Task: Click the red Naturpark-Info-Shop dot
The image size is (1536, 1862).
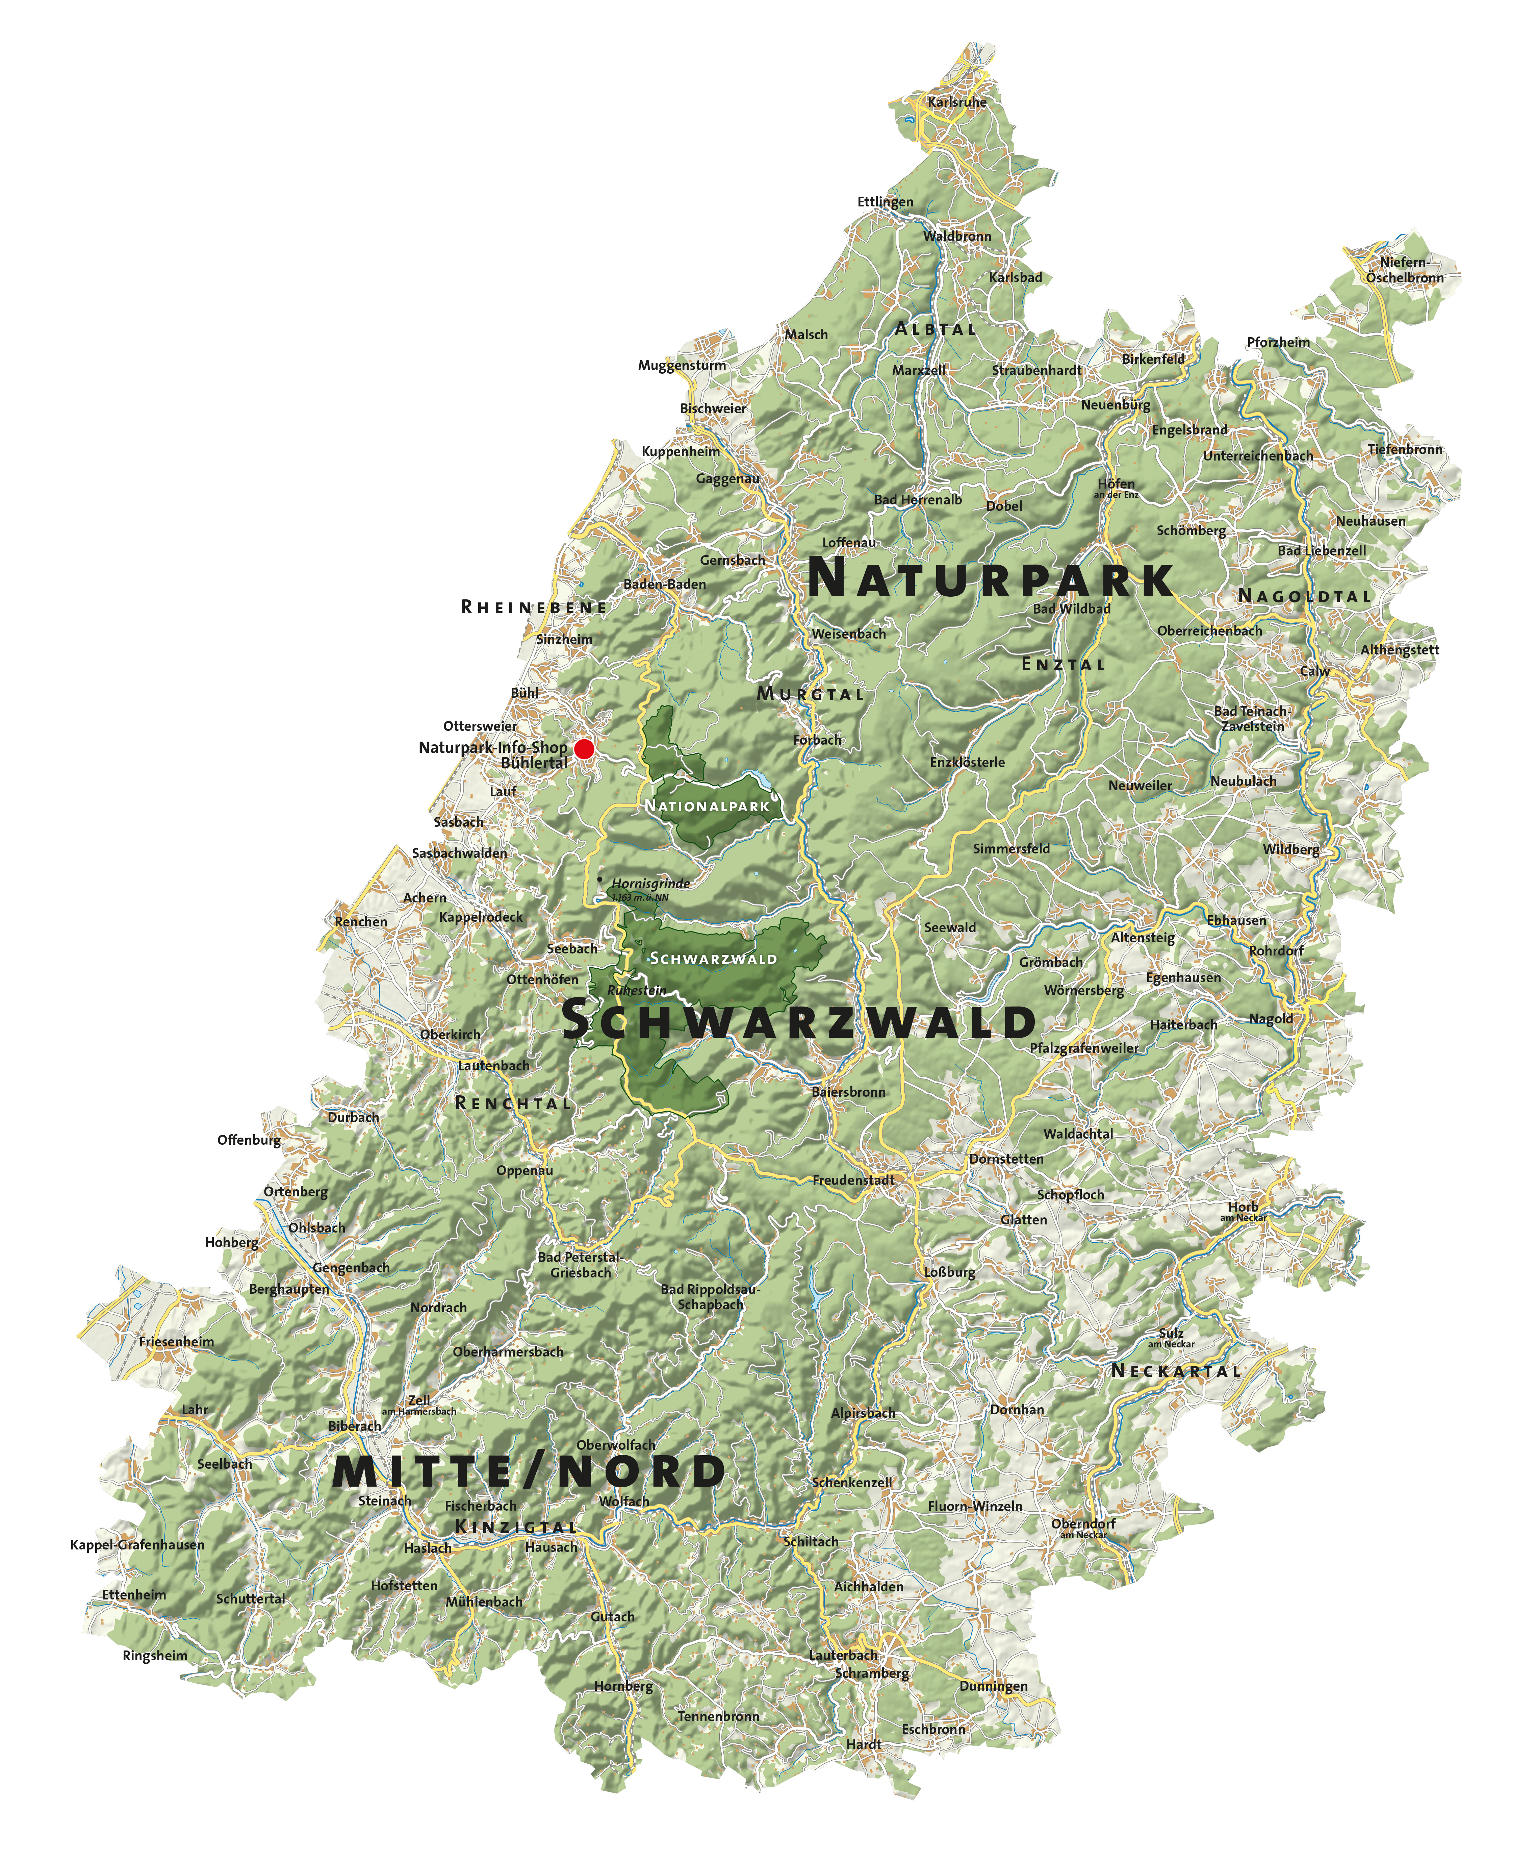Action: coord(583,749)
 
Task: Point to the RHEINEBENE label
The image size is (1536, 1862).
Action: coord(534,607)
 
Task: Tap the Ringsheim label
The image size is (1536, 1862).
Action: coord(155,1656)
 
